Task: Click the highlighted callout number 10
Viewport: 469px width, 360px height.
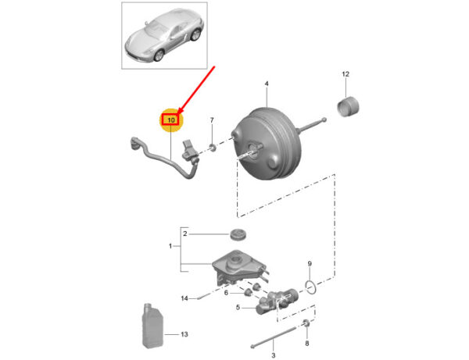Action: coord(171,120)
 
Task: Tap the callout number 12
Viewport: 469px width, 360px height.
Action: coord(345,74)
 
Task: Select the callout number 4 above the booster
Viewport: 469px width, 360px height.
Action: coord(267,84)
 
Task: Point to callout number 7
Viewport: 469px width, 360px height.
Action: coord(212,120)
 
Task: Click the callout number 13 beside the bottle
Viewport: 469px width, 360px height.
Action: coord(184,334)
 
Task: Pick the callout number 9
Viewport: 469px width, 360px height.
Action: coord(310,264)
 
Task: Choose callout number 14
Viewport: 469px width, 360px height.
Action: coord(184,298)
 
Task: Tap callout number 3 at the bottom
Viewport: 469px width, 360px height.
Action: coord(273,355)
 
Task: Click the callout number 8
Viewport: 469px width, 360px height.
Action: coord(307,344)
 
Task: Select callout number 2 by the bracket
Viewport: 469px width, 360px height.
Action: coord(184,233)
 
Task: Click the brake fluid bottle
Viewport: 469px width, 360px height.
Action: coord(152,326)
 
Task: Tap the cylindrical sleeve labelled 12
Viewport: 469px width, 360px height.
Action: coord(348,106)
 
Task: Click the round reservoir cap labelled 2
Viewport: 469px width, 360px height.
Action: coord(238,233)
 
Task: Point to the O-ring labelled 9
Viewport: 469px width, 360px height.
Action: coord(311,287)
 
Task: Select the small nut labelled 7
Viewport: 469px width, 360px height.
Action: coord(213,147)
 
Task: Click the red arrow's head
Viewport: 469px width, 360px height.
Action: coord(180,112)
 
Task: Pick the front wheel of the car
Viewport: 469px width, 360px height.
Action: coord(159,55)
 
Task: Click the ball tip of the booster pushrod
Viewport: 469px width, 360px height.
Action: coord(324,120)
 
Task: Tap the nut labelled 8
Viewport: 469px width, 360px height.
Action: coord(306,323)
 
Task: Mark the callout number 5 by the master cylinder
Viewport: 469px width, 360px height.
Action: coord(238,307)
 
